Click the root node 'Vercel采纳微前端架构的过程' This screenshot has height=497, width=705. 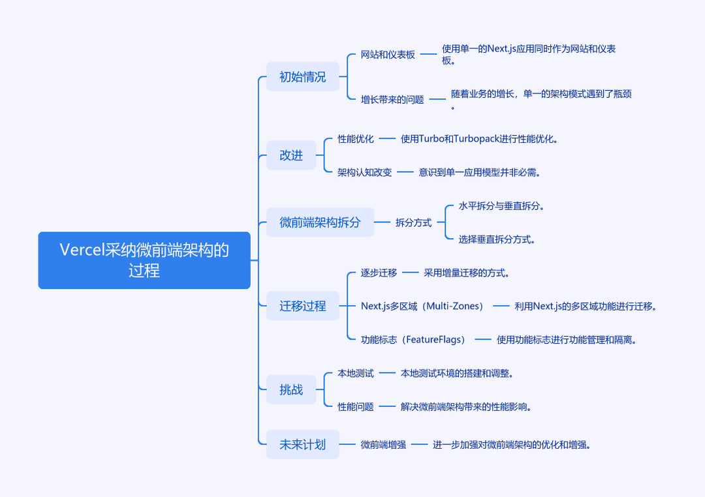pyautogui.click(x=144, y=260)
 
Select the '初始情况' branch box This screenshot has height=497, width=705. pyautogui.click(x=303, y=77)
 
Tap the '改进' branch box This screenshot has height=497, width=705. pyautogui.click(x=291, y=155)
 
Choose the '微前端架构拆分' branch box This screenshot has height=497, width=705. pyautogui.click(x=320, y=222)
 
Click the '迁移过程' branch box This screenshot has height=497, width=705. pyautogui.click(x=303, y=306)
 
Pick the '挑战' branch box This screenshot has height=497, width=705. pyautogui.click(x=291, y=389)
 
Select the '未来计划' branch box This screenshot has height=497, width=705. pyautogui.click(x=303, y=444)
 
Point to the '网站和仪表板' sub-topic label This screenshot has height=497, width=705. pyautogui.click(x=388, y=54)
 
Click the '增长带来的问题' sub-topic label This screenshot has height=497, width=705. pyautogui.click(x=392, y=99)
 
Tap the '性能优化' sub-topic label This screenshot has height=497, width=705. pyautogui.click(x=356, y=139)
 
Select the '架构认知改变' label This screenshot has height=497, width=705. pyautogui.click(x=365, y=172)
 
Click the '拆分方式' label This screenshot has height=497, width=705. pyautogui.click(x=414, y=222)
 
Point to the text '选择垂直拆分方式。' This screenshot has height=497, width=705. pyautogui.click(x=497, y=239)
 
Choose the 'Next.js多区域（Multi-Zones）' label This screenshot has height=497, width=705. pyautogui.click(x=422, y=306)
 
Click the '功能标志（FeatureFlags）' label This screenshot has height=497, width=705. pyautogui.click(x=413, y=340)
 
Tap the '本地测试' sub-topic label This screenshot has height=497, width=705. pyautogui.click(x=356, y=374)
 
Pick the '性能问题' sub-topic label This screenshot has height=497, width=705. pyautogui.click(x=356, y=407)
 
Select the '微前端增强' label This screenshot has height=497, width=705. pyautogui.click(x=383, y=444)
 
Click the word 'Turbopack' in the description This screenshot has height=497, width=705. pyautogui.click(x=477, y=139)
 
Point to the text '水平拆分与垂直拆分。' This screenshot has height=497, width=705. pyautogui.click(x=501, y=206)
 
